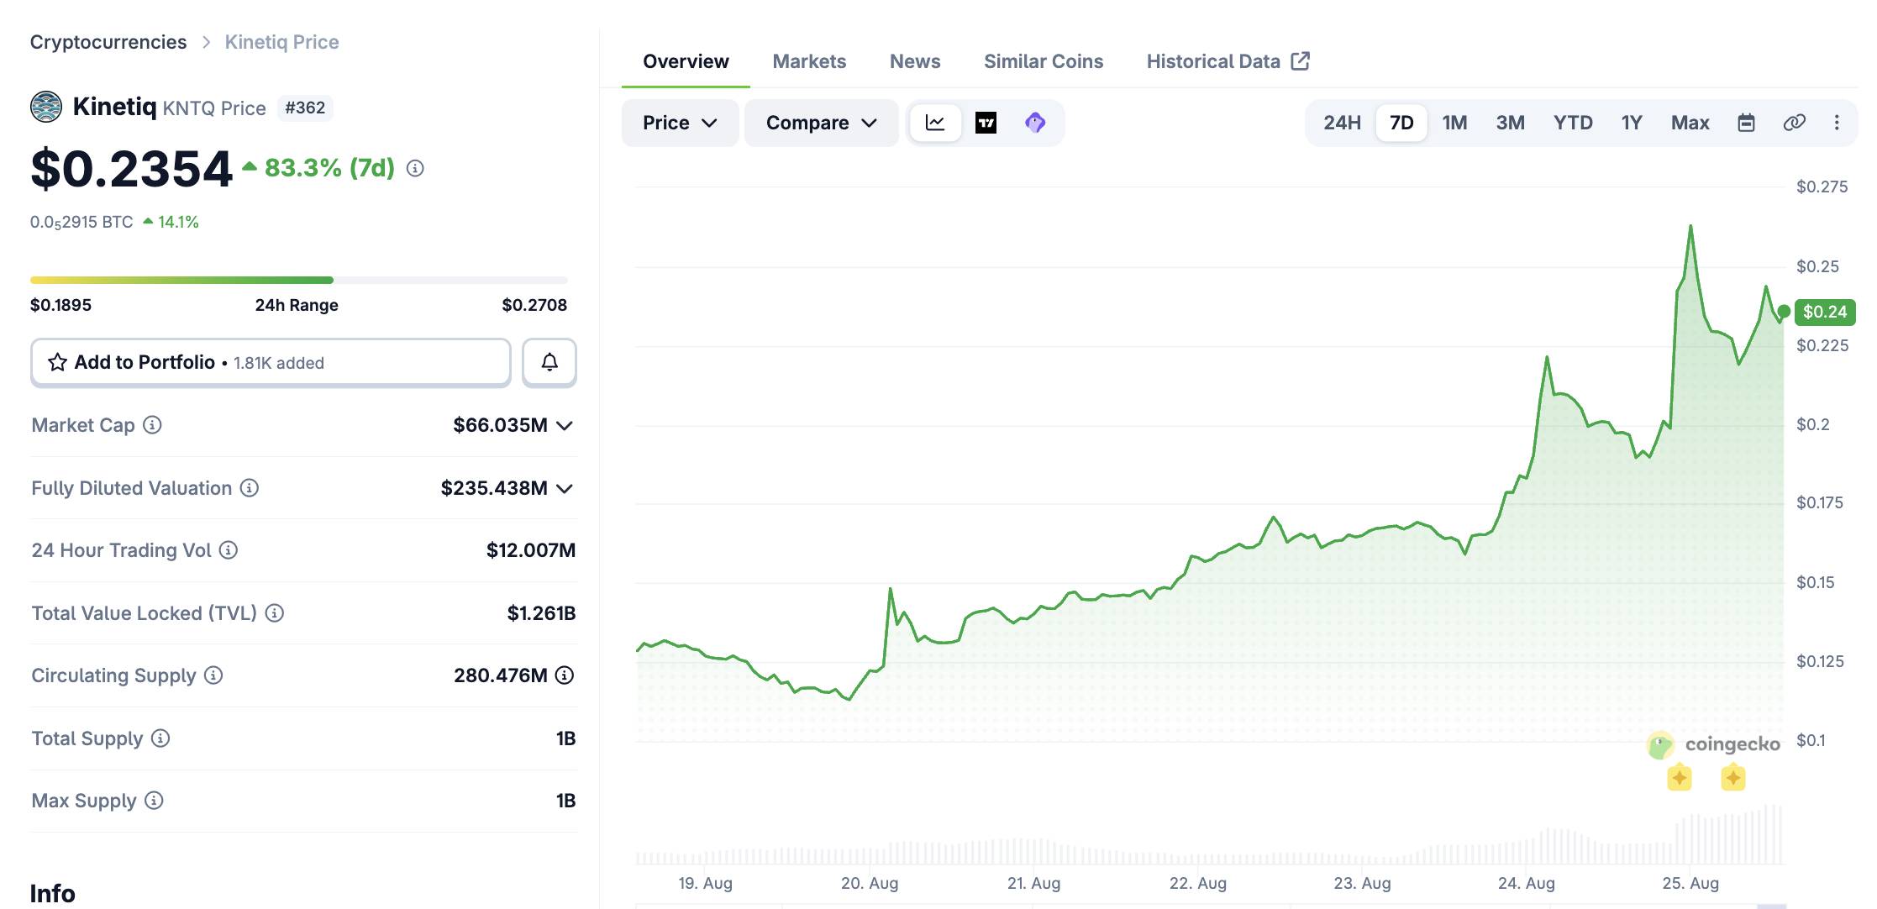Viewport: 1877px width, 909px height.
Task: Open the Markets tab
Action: click(x=809, y=61)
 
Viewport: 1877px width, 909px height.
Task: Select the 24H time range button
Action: click(x=1342, y=123)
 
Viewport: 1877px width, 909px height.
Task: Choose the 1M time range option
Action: click(x=1454, y=123)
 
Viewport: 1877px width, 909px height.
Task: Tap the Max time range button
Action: click(x=1690, y=123)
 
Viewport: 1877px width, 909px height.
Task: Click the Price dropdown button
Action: click(x=680, y=123)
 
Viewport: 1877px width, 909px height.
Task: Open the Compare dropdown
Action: click(x=821, y=123)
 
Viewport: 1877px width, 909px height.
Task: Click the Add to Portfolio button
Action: click(x=271, y=362)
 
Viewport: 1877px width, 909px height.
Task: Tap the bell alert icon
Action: click(x=549, y=362)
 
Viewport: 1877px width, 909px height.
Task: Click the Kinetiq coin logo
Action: click(x=46, y=107)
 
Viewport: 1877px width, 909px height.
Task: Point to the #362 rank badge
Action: click(x=305, y=108)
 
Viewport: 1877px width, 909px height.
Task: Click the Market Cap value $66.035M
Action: click(x=500, y=425)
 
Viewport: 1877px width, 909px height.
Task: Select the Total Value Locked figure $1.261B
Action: click(x=541, y=613)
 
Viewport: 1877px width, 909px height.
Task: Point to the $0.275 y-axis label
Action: click(x=1822, y=187)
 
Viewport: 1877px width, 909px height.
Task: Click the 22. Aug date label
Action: click(x=1198, y=883)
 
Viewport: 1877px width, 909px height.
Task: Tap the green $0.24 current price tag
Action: click(x=1825, y=312)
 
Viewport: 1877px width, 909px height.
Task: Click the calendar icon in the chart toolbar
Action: click(x=1746, y=123)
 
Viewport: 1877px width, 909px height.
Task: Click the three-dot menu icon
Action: click(x=1837, y=123)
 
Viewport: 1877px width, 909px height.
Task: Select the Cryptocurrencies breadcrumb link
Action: click(x=108, y=42)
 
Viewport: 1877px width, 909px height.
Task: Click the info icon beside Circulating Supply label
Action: click(x=213, y=675)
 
